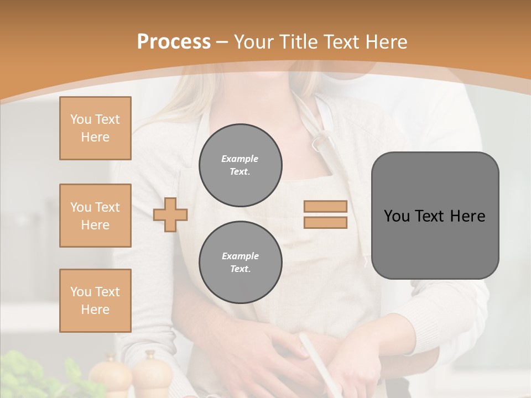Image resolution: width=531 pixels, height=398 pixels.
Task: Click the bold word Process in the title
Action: click(x=174, y=41)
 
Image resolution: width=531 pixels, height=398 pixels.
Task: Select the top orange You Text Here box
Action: click(x=95, y=128)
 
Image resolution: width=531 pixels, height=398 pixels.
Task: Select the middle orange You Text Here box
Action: click(x=95, y=216)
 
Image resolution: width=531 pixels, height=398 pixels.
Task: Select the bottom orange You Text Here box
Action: click(x=95, y=301)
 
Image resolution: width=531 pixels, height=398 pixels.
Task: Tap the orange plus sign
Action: click(x=170, y=214)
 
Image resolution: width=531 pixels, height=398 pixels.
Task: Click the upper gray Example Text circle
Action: click(x=241, y=165)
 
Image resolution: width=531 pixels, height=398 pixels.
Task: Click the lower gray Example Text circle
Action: click(x=241, y=263)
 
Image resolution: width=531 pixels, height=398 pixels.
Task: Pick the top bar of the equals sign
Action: click(x=326, y=207)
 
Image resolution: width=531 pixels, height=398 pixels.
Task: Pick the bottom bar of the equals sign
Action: click(x=326, y=222)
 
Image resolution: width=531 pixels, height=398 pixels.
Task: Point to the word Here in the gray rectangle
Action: click(x=467, y=216)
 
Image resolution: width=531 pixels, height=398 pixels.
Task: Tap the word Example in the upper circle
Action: click(x=240, y=159)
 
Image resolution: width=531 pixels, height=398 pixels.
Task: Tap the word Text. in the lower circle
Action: click(x=240, y=269)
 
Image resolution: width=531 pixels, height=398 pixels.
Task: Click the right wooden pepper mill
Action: click(x=149, y=374)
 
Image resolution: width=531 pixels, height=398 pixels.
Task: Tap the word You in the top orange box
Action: click(x=80, y=119)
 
